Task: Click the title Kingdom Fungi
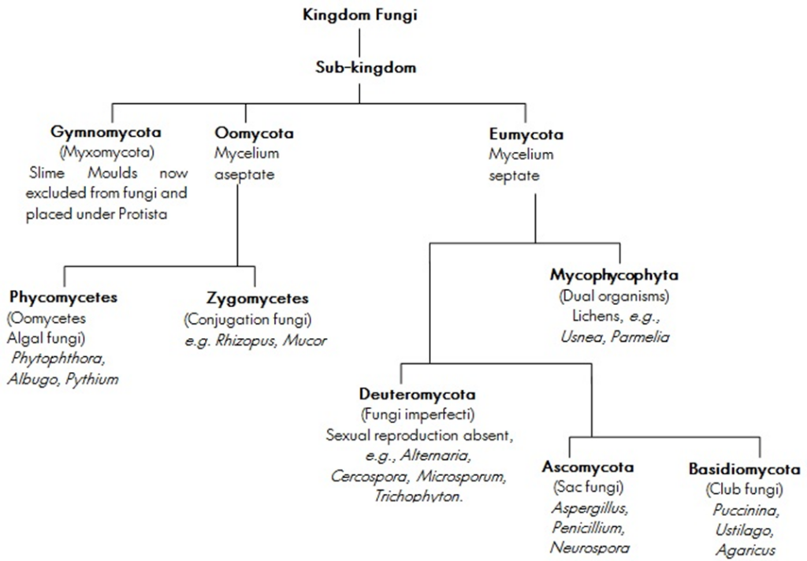(x=359, y=15)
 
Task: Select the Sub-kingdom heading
(x=366, y=68)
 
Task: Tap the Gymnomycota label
(x=106, y=132)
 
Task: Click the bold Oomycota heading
(x=255, y=133)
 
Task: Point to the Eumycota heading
(x=526, y=134)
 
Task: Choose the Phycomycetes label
(x=63, y=298)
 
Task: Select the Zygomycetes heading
(x=258, y=299)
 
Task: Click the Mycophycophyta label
(x=614, y=275)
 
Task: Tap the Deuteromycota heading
(x=418, y=394)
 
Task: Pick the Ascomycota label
(x=588, y=466)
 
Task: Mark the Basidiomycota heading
(x=744, y=470)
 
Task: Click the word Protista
(x=143, y=214)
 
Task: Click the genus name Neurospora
(x=589, y=548)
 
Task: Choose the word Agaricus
(x=746, y=550)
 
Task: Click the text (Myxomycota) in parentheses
(x=107, y=153)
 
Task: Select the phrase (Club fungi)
(x=744, y=489)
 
